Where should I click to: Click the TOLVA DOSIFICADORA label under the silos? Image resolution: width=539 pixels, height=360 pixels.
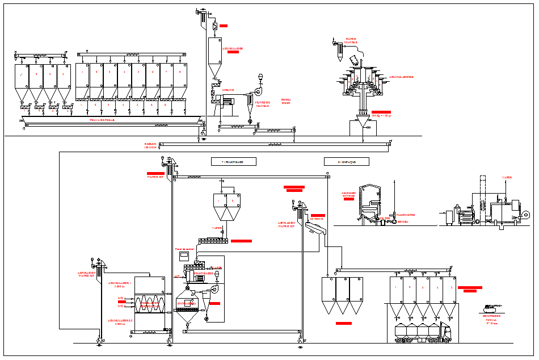click(102, 120)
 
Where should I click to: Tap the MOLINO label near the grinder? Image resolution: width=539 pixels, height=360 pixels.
click(228, 90)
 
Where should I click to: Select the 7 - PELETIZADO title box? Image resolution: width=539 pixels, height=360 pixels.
click(233, 162)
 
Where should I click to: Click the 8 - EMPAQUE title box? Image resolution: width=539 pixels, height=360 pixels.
click(346, 162)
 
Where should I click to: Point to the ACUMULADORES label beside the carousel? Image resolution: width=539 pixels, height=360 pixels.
click(401, 77)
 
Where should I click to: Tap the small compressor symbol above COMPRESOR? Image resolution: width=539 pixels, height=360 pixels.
click(490, 308)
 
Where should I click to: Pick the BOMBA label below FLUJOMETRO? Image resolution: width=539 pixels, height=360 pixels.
click(403, 221)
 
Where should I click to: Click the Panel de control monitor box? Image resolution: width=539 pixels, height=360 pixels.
click(184, 255)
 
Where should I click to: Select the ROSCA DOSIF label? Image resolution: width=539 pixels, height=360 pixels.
click(286, 101)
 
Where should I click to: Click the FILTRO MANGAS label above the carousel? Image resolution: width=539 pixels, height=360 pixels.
click(352, 41)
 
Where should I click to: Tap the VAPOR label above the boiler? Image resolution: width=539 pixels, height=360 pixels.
click(506, 177)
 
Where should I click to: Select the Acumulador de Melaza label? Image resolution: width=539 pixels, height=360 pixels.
click(348, 194)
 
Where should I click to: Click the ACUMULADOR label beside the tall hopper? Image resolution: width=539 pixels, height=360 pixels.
click(233, 49)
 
